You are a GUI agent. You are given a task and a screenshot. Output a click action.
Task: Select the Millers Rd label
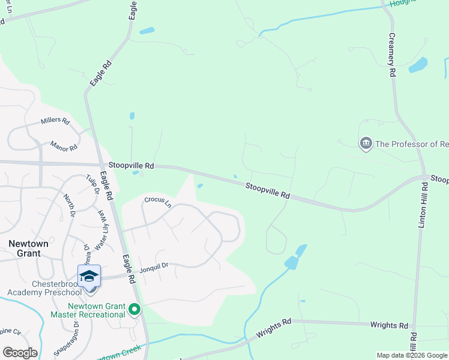(x=55, y=121)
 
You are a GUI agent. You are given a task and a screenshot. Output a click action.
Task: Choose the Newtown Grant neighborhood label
(x=25, y=248)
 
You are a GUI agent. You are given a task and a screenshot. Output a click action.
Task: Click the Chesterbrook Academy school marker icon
(x=89, y=277)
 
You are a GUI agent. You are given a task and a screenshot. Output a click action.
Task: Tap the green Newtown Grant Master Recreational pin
(x=134, y=310)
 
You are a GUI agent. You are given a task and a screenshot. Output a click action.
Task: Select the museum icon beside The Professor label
(x=366, y=143)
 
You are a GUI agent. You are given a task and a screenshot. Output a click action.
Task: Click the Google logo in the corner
(x=20, y=352)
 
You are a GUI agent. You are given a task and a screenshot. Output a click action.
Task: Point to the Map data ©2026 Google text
(x=412, y=355)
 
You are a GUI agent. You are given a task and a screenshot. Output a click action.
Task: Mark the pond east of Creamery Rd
(x=418, y=65)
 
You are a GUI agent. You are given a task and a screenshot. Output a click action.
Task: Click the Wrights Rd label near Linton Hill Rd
(x=389, y=325)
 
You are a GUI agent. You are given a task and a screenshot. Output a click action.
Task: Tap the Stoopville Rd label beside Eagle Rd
(x=131, y=165)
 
